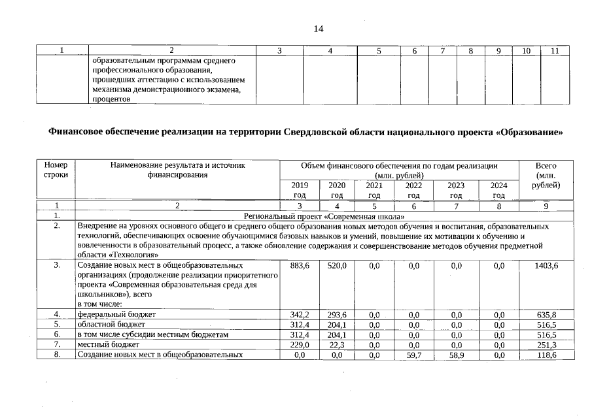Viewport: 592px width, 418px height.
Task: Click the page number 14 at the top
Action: tap(319, 29)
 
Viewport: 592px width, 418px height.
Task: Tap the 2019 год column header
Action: tap(300, 189)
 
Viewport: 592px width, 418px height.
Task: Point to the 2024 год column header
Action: tap(498, 189)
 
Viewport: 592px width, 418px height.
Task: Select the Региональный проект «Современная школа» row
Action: tap(324, 216)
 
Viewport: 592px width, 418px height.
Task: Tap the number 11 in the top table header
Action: tap(555, 51)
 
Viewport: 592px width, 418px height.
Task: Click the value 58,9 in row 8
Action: tap(456, 355)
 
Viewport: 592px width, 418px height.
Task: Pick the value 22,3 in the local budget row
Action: tap(337, 344)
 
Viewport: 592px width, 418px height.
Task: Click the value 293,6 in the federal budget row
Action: tap(337, 314)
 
